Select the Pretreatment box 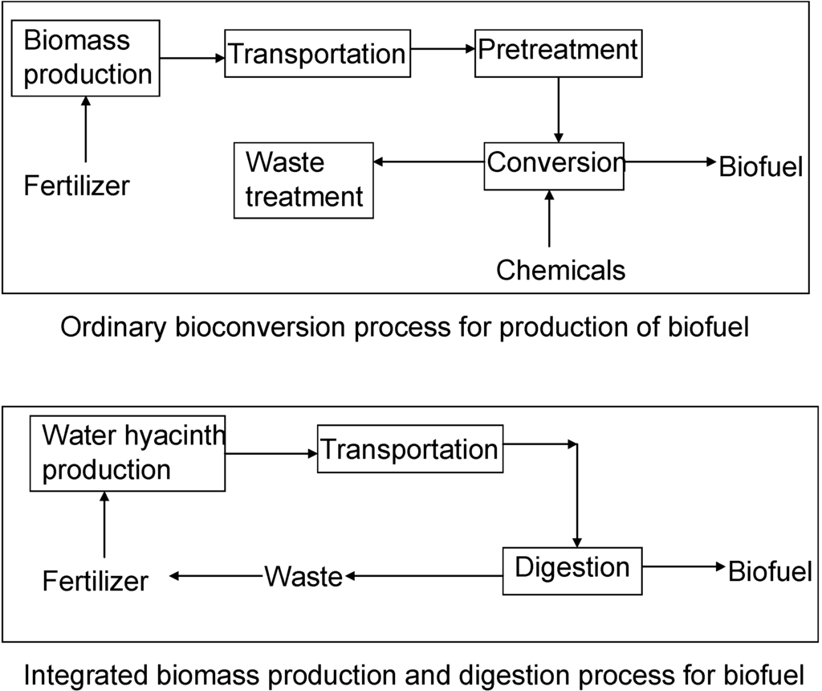pos(557,51)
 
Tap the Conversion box pos(555,165)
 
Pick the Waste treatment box pos(303,179)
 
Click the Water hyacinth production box pos(128,452)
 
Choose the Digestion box pos(572,569)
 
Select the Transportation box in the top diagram pos(315,54)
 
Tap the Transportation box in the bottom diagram pos(409,449)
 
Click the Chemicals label pos(560,270)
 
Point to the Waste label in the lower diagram pos(303,576)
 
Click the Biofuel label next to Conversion pos(760,167)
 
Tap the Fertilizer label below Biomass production pos(76,186)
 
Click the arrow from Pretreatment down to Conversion pos(558,110)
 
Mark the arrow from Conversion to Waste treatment pos(429,162)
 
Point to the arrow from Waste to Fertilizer pos(217,575)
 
